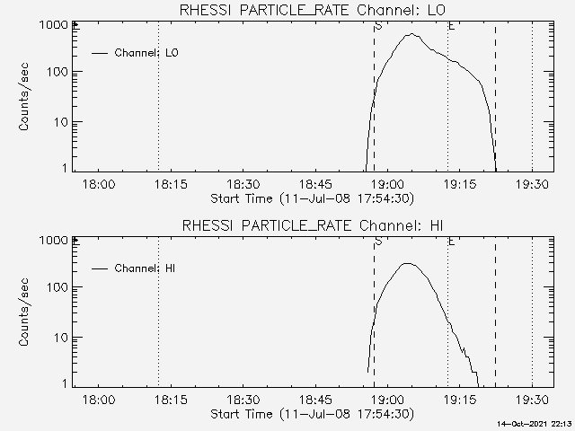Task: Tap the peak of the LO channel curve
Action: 411,34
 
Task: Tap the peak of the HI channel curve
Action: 407,263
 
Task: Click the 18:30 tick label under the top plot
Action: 244,184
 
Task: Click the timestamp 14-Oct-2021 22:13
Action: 535,423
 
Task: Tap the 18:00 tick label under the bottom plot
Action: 99,400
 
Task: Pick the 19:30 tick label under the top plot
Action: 533,184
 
